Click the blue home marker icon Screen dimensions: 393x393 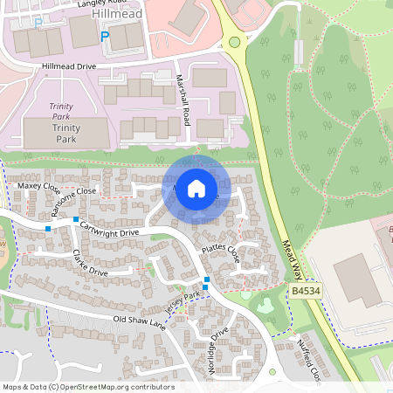[x=196, y=188]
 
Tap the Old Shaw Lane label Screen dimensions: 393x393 [x=139, y=322]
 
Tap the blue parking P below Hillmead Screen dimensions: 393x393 [x=105, y=37]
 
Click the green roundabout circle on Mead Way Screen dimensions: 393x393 [x=234, y=42]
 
